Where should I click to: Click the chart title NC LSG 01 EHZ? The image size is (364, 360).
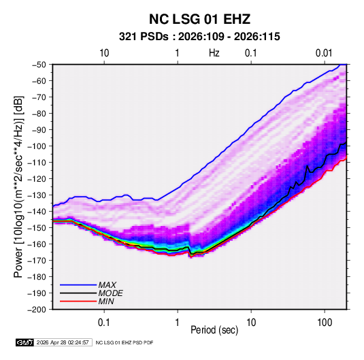click(199, 19)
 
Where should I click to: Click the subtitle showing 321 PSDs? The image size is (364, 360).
click(199, 37)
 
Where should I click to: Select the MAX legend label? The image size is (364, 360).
click(107, 285)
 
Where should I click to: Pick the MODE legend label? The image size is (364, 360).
click(110, 293)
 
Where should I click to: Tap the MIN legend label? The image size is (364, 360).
click(106, 301)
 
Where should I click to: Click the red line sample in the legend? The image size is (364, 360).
click(78, 301)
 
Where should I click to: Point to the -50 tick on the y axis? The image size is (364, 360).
click(39, 65)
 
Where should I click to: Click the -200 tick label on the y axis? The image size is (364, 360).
click(37, 310)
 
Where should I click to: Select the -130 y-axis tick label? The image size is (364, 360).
click(37, 195)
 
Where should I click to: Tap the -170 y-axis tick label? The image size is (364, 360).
click(37, 261)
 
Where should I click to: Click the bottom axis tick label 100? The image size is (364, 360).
click(325, 323)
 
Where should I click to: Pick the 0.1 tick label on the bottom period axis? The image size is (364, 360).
click(104, 323)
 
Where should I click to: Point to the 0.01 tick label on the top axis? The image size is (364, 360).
click(324, 53)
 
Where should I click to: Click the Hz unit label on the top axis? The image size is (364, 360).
click(214, 53)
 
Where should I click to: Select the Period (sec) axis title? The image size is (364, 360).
click(214, 330)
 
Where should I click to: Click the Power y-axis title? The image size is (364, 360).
click(18, 187)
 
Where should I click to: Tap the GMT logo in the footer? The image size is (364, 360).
click(25, 342)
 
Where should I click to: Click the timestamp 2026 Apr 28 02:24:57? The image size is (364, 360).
click(63, 342)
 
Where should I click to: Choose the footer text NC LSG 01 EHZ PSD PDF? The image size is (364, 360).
click(125, 342)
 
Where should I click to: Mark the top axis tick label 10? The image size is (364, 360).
click(104, 53)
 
